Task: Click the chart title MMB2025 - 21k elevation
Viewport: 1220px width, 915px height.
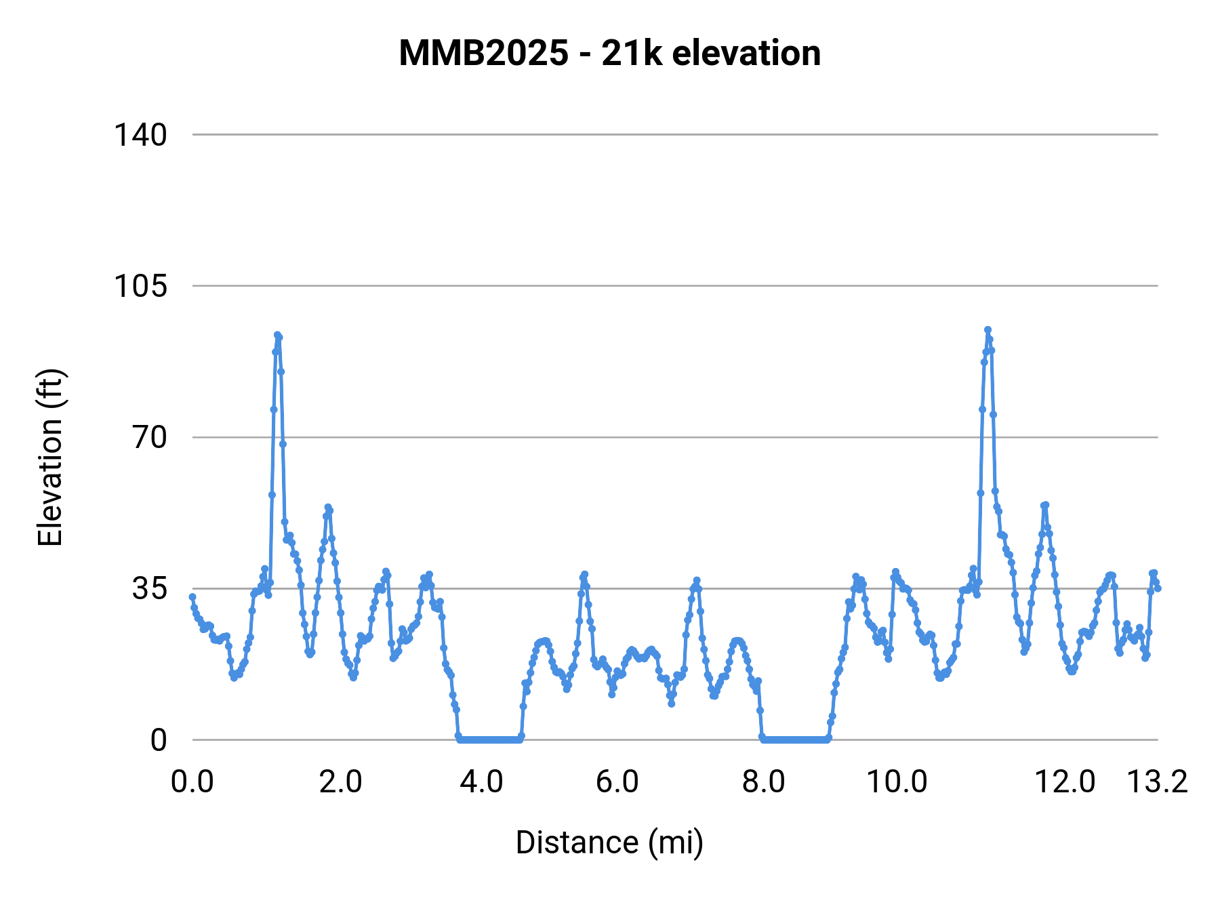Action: [x=609, y=53]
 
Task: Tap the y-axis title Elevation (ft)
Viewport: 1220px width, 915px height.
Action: [x=50, y=457]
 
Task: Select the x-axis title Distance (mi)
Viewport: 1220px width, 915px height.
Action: [x=609, y=842]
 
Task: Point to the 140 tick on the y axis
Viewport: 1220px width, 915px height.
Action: [x=140, y=135]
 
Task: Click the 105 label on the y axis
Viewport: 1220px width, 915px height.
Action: [x=140, y=286]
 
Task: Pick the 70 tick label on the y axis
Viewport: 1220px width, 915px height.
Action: [x=149, y=437]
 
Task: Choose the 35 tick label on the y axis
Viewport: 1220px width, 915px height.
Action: [x=149, y=588]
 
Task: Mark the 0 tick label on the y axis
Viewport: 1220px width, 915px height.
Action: [x=159, y=740]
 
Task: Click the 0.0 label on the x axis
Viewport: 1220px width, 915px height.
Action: [x=192, y=782]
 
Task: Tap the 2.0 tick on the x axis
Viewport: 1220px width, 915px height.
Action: [x=340, y=782]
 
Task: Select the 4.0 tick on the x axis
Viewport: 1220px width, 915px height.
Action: [x=481, y=782]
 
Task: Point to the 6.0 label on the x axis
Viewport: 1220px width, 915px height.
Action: [x=617, y=782]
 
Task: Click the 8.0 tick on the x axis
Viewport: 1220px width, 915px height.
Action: [x=763, y=782]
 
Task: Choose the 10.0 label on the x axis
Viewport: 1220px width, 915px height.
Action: [x=897, y=782]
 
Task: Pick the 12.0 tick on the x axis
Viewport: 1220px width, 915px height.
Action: [x=1065, y=782]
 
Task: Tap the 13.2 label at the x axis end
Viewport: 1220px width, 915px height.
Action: [x=1157, y=782]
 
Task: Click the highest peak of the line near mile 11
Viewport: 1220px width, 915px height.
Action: [x=988, y=330]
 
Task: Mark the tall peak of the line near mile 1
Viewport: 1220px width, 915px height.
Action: [x=277, y=335]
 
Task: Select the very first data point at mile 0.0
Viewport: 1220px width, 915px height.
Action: [x=192, y=597]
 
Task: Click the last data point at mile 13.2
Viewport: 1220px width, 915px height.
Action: [x=1158, y=588]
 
